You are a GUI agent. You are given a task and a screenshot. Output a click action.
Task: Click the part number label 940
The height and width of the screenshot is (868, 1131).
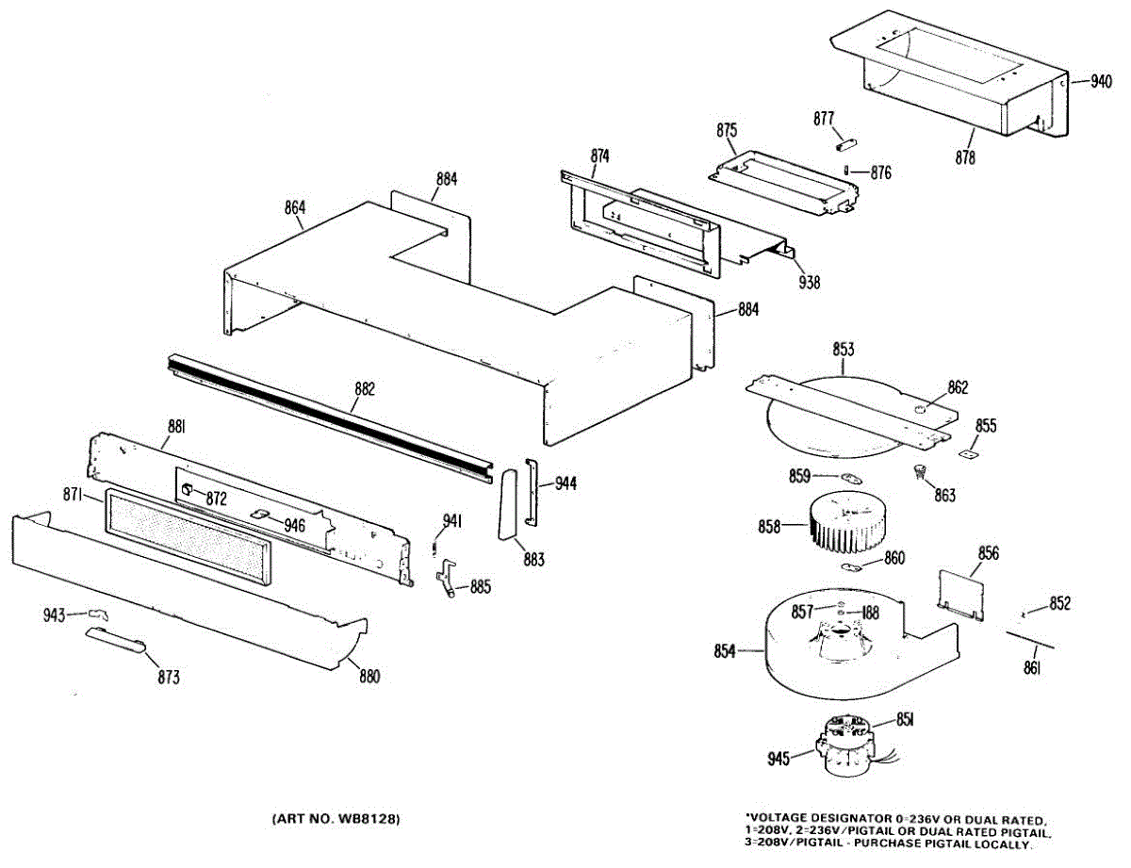(x=1101, y=81)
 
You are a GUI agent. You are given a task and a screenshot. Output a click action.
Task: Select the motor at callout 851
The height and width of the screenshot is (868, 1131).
(x=845, y=745)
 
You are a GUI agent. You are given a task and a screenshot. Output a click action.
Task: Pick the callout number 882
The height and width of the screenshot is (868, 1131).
(x=365, y=388)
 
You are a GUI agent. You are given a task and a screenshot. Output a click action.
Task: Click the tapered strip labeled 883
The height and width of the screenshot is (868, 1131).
(x=511, y=504)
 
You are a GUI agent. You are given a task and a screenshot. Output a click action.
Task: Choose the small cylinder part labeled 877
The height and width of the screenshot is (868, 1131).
(x=845, y=144)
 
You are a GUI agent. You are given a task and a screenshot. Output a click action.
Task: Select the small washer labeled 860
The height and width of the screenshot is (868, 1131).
(x=852, y=566)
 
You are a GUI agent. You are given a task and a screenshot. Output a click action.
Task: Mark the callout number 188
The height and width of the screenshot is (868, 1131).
(x=868, y=613)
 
